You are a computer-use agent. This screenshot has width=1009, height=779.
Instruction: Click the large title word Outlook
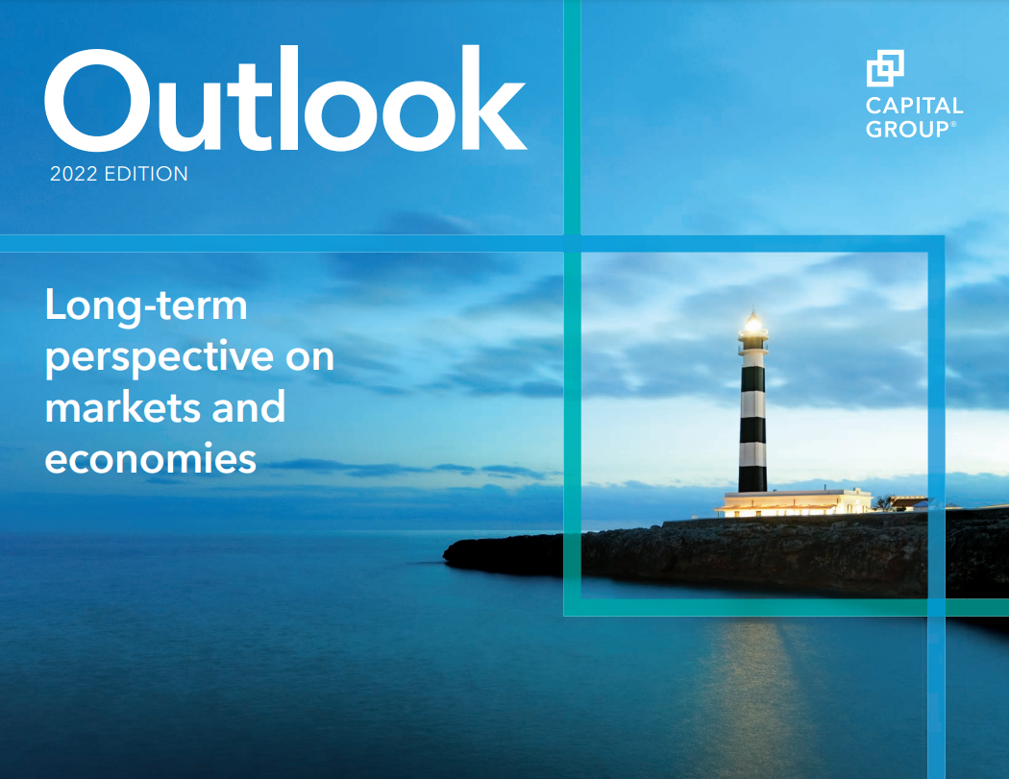[x=285, y=98]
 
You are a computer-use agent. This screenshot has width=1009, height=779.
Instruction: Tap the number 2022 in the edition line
[x=73, y=174]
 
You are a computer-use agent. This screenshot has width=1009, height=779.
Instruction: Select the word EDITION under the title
[x=146, y=174]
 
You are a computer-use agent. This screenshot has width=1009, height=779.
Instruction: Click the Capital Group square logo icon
[x=885, y=68]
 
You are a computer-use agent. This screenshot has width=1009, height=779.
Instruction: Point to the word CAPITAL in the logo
[x=915, y=106]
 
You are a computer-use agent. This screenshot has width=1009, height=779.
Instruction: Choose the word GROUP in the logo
[x=907, y=130]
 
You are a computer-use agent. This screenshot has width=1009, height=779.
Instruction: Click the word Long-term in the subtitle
[x=146, y=306]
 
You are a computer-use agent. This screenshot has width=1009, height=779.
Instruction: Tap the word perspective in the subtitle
[x=160, y=358]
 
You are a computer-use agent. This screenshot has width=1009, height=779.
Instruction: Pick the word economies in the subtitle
[x=151, y=459]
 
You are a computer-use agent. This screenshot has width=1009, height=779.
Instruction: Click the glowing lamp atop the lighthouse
[x=752, y=323]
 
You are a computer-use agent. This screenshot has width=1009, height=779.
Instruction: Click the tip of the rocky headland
[x=445, y=554]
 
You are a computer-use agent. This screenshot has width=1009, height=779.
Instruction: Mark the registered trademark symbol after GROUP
[x=953, y=124]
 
